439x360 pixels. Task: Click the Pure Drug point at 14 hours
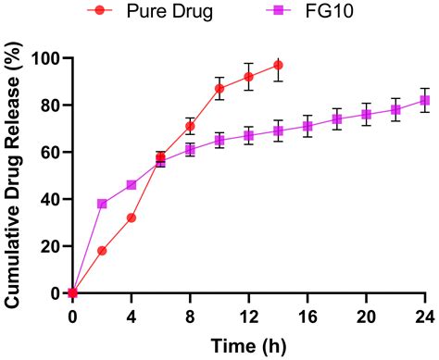click(278, 65)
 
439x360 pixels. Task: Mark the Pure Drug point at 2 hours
click(102, 251)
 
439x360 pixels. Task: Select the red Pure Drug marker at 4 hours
click(132, 217)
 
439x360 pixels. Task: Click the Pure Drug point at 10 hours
click(219, 89)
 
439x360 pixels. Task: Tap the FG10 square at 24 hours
click(425, 100)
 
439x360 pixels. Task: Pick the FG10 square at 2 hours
click(102, 204)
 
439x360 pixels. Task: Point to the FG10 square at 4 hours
click(132, 185)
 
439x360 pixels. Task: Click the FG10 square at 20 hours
click(366, 115)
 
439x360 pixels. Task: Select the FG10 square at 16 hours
click(307, 126)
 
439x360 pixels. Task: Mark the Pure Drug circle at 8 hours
click(190, 126)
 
